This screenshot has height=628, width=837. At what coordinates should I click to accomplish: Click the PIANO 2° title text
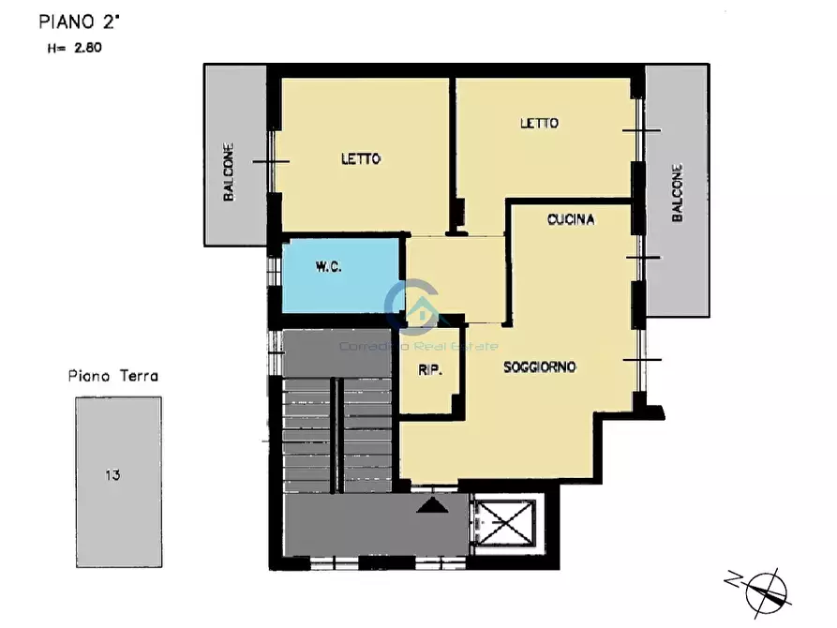point(80,22)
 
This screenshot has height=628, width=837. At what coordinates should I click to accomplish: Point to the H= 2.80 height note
point(74,48)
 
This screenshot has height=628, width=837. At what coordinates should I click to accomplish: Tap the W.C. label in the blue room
point(328,267)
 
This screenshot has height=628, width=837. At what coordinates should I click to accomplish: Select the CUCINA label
point(571,219)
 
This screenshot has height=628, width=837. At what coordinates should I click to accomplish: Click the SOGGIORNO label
point(540,366)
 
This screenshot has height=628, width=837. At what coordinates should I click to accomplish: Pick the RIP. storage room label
point(430,370)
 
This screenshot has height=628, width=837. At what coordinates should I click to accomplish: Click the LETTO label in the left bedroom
point(361,158)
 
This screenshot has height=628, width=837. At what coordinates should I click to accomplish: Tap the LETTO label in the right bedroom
point(539,124)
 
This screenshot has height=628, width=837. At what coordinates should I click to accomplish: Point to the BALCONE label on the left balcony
point(229,172)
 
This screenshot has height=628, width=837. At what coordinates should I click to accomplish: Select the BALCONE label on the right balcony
point(677,193)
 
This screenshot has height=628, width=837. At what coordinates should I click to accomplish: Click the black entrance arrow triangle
point(432,505)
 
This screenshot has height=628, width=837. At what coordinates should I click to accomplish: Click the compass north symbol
point(763,591)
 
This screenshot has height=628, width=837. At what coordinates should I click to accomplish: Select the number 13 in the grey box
point(112,474)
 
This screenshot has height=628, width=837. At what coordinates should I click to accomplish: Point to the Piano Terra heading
point(113,376)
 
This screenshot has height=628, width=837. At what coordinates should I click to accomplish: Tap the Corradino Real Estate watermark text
point(419,346)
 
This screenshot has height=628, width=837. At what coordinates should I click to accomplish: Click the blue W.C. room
point(341,276)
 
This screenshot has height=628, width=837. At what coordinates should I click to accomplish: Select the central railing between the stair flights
point(335,435)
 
